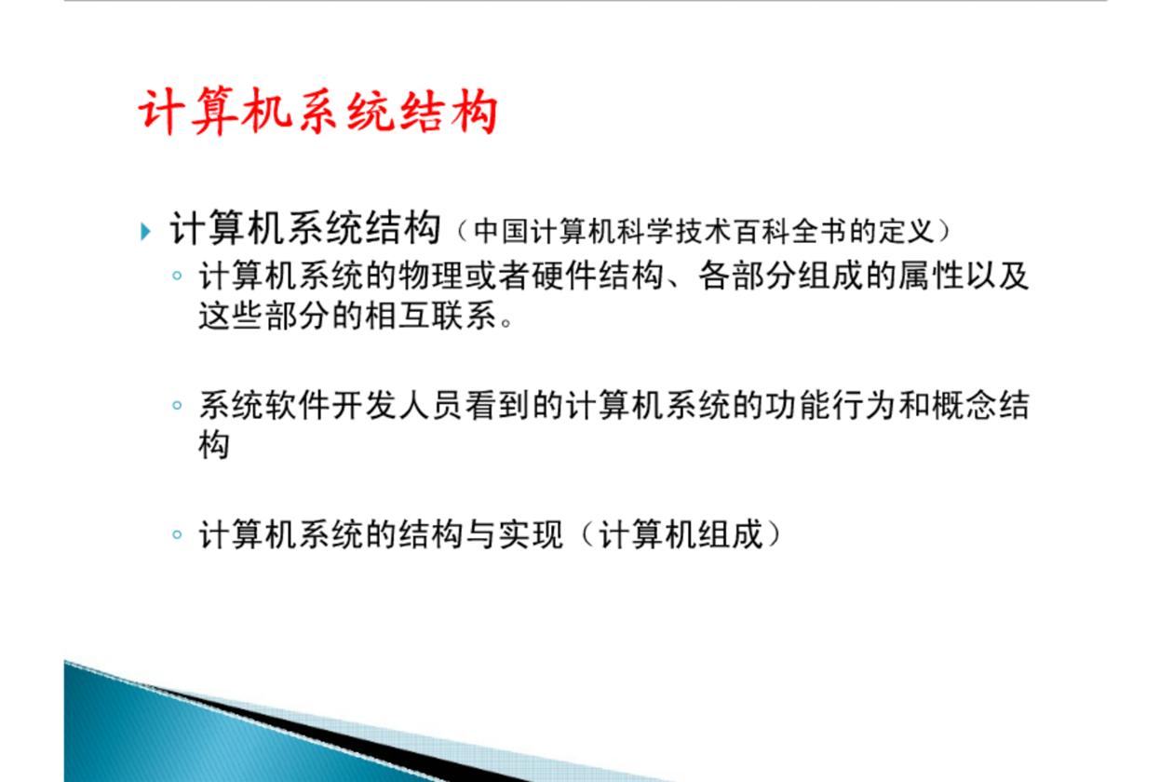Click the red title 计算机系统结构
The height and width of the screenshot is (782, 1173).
(317, 112)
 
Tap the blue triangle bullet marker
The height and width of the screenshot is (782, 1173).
(145, 232)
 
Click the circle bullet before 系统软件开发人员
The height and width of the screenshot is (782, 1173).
(177, 405)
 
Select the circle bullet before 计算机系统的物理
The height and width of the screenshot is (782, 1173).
(177, 275)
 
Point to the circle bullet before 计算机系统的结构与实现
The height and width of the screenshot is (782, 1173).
(177, 534)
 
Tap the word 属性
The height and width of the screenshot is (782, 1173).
(931, 276)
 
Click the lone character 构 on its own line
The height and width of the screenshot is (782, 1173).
(214, 445)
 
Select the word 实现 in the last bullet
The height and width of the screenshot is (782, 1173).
(531, 534)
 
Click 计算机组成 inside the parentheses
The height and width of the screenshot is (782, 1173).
(681, 534)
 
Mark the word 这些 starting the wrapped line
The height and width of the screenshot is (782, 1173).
(231, 316)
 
